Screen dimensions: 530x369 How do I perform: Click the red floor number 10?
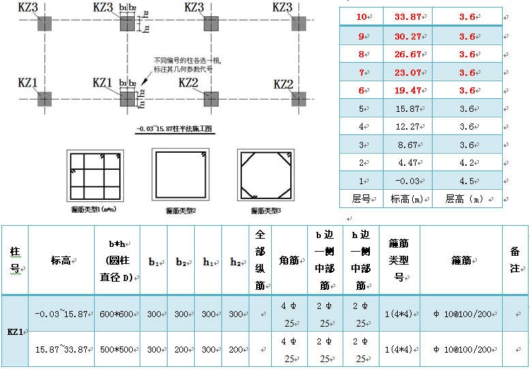361,16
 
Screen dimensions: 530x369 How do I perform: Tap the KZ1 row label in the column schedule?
14,331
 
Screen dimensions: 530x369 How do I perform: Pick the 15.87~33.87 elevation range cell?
61,349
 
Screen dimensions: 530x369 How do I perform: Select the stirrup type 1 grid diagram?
93,175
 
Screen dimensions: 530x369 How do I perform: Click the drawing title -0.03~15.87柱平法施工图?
176,129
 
